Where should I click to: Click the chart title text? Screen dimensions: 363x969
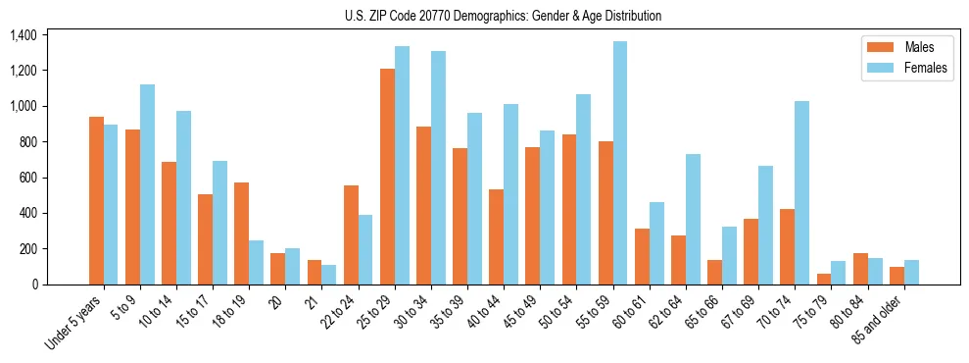coord(503,16)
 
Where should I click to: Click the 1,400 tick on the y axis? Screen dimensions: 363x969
coord(23,35)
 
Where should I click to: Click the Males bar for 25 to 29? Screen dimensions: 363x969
coord(388,177)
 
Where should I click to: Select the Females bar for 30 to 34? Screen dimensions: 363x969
coord(439,168)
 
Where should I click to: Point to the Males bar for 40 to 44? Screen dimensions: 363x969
coord(497,236)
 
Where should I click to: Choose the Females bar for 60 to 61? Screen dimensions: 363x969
coord(656,243)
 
